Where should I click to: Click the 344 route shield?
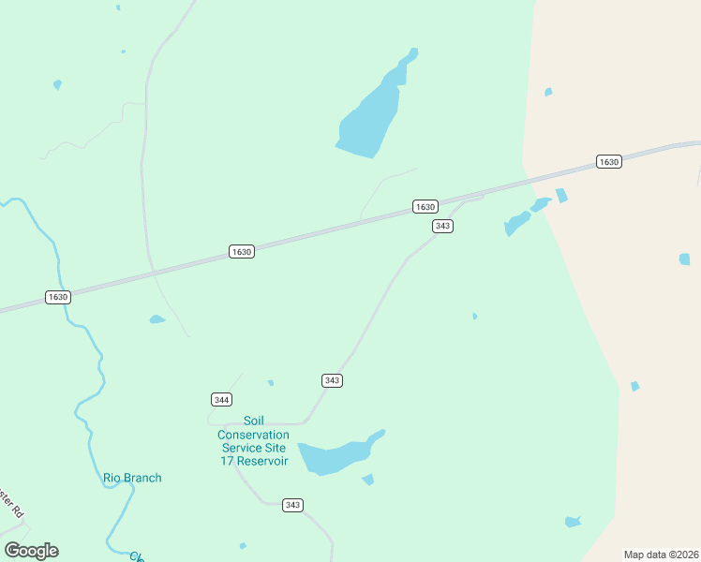[221, 400]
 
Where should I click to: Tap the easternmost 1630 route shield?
[609, 162]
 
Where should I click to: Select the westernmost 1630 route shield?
[58, 297]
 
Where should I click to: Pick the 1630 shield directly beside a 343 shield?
[425, 206]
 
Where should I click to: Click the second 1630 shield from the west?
[242, 252]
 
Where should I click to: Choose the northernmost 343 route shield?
[443, 227]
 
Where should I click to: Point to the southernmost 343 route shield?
[293, 505]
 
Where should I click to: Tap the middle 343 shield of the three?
[332, 380]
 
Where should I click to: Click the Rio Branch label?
[132, 478]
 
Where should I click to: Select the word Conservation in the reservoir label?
[253, 435]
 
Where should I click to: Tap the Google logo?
[31, 551]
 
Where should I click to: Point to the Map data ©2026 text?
[661, 555]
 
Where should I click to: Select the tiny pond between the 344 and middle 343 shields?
[271, 382]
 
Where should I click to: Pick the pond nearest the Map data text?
[573, 522]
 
